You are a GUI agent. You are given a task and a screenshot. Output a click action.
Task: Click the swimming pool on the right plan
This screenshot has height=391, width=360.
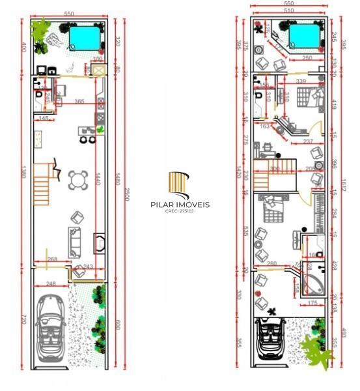pos(305,36)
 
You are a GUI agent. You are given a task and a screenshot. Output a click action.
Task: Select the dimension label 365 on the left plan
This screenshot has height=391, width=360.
pos(79,102)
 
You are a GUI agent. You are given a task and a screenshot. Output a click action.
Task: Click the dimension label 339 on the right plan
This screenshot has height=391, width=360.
pos(301,81)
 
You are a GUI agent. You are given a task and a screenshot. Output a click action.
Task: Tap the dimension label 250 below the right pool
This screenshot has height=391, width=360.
pos(308,59)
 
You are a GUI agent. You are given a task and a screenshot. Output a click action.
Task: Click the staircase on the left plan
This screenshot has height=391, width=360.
pos(44,183)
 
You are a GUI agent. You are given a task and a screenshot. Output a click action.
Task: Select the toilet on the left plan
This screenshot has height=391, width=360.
pos(38,96)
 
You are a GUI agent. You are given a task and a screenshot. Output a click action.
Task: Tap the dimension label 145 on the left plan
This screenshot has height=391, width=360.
pos(44,118)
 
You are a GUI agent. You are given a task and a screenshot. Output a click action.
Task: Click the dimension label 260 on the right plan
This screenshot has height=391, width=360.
pos(272,264)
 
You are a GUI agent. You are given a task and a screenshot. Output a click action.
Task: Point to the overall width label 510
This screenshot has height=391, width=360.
pos(284,11)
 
